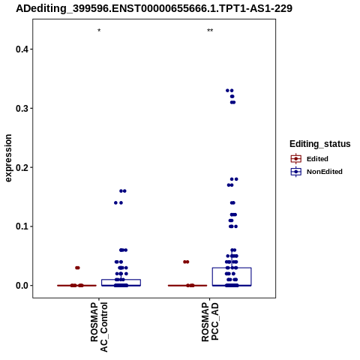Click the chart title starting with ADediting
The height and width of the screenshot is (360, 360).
pos(154,8)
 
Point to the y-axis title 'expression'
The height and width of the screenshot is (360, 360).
pos(8,158)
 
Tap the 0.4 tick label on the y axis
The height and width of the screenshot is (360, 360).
pos(22,49)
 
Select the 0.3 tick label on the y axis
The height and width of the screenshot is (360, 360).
pos(22,109)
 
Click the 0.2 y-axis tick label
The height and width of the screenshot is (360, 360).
pos(22,167)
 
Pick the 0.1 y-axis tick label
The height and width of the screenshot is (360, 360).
pos(22,226)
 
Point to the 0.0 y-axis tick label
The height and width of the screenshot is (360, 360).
pos(22,286)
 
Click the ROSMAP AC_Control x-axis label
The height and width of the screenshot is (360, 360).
pos(99,327)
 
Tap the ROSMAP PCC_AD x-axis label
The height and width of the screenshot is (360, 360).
pos(210,322)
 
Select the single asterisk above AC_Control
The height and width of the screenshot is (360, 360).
pos(99,31)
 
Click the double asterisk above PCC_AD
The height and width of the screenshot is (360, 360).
pos(210,31)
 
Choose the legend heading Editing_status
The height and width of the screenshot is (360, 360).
pos(320,144)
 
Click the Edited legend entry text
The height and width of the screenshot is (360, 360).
pos(317,159)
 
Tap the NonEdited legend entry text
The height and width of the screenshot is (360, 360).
pos(325,172)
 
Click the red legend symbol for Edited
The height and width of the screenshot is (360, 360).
pos(296,159)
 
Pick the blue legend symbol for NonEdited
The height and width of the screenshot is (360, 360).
pos(296,172)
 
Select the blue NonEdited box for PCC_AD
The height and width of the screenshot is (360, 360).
pos(232,268)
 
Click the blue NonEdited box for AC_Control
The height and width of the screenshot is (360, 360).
pos(121,280)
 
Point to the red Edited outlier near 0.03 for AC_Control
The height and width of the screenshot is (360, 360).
pos(77,268)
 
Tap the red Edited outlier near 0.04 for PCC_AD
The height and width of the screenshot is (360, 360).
pos(186,262)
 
